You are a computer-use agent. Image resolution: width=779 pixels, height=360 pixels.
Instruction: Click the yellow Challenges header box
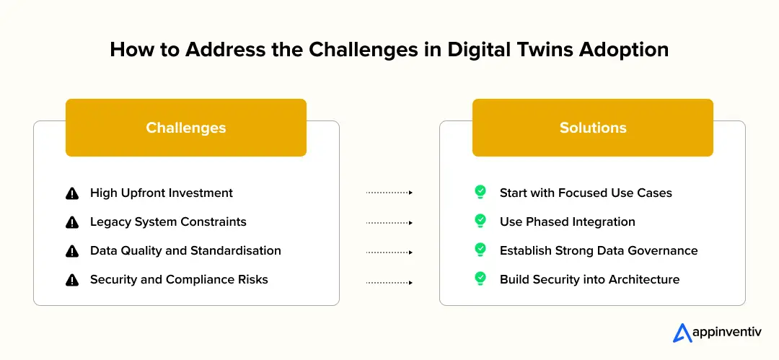(x=185, y=128)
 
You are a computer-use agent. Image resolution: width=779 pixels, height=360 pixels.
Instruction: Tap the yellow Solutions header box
(x=592, y=128)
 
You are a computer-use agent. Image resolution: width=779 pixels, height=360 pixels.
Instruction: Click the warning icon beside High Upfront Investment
(x=72, y=193)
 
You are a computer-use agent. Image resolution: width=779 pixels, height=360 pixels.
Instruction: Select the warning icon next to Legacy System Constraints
(x=72, y=222)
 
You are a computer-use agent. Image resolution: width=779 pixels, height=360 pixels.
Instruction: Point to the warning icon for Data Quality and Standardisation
(x=72, y=251)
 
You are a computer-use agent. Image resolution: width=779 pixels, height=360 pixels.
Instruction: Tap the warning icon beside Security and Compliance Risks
(x=72, y=280)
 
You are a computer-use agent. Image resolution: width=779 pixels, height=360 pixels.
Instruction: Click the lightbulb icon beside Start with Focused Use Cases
(x=480, y=193)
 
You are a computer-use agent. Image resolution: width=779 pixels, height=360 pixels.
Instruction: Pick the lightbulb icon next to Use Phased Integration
(x=480, y=221)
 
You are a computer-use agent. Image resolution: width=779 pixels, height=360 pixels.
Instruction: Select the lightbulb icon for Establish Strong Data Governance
(x=480, y=250)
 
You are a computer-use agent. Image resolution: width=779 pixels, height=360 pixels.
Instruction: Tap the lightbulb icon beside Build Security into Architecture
(x=480, y=279)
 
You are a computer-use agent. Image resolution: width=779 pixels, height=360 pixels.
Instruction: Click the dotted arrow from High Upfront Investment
(x=389, y=193)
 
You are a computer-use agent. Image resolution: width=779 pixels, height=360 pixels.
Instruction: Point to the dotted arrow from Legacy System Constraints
(x=389, y=222)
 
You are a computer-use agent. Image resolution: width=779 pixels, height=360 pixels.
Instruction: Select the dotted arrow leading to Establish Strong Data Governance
(x=389, y=252)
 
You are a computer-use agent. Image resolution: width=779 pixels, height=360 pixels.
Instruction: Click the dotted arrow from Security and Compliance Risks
(x=389, y=282)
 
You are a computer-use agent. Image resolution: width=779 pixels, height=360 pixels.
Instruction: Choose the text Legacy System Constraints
(x=168, y=221)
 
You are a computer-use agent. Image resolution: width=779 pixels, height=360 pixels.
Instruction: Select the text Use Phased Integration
(x=568, y=221)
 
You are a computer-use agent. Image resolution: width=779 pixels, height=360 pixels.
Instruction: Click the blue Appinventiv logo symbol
(x=682, y=333)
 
